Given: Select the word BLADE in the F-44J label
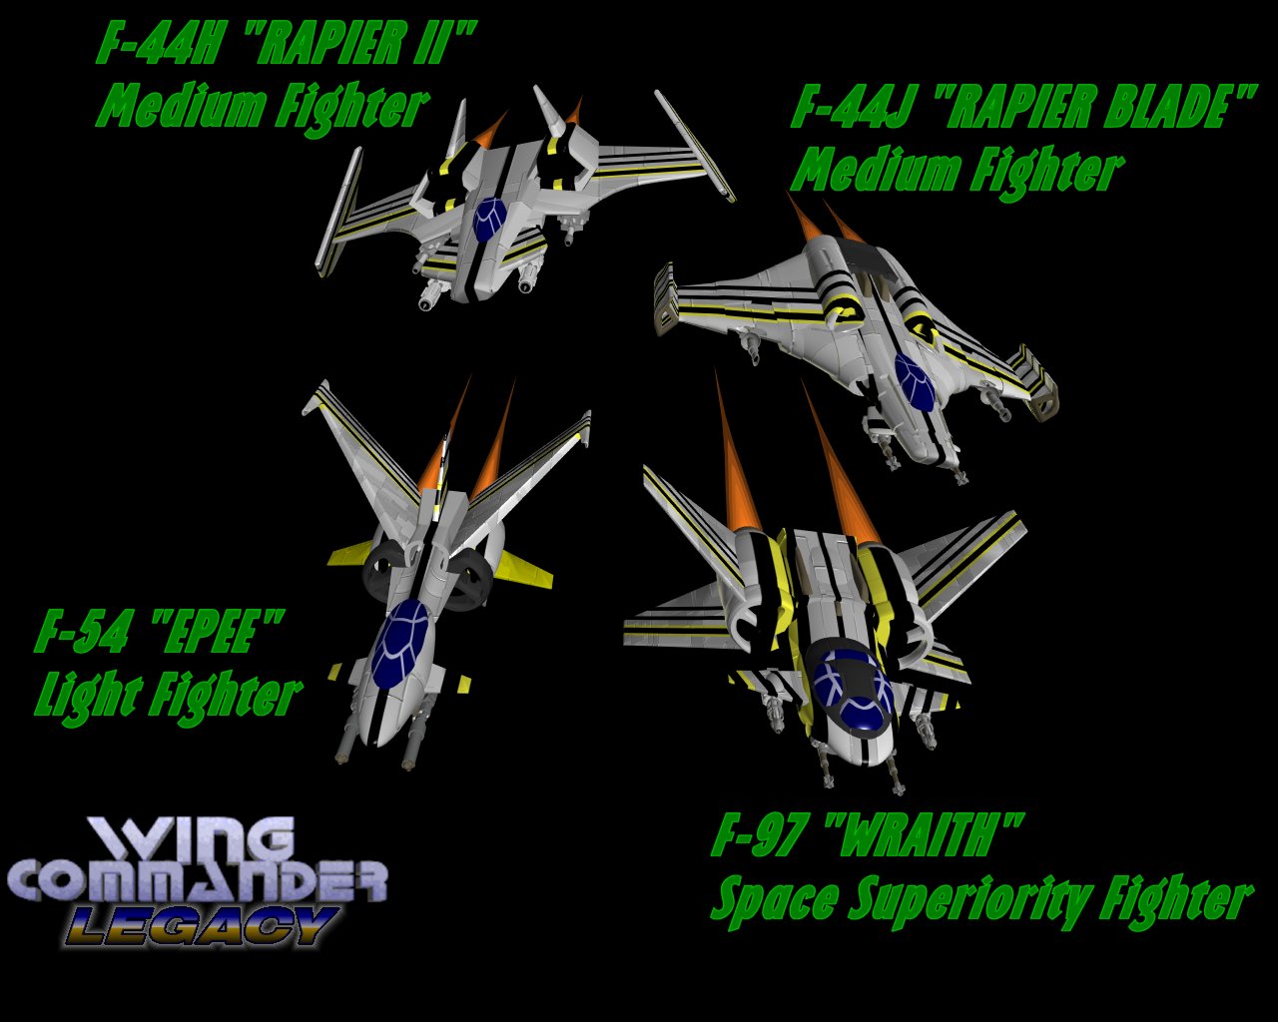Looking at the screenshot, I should [x=1158, y=108].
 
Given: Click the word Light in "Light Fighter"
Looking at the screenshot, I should [x=85, y=695].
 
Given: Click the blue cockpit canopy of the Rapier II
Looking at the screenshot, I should [x=489, y=219].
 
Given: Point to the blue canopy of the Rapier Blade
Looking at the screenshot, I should [x=914, y=380].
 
